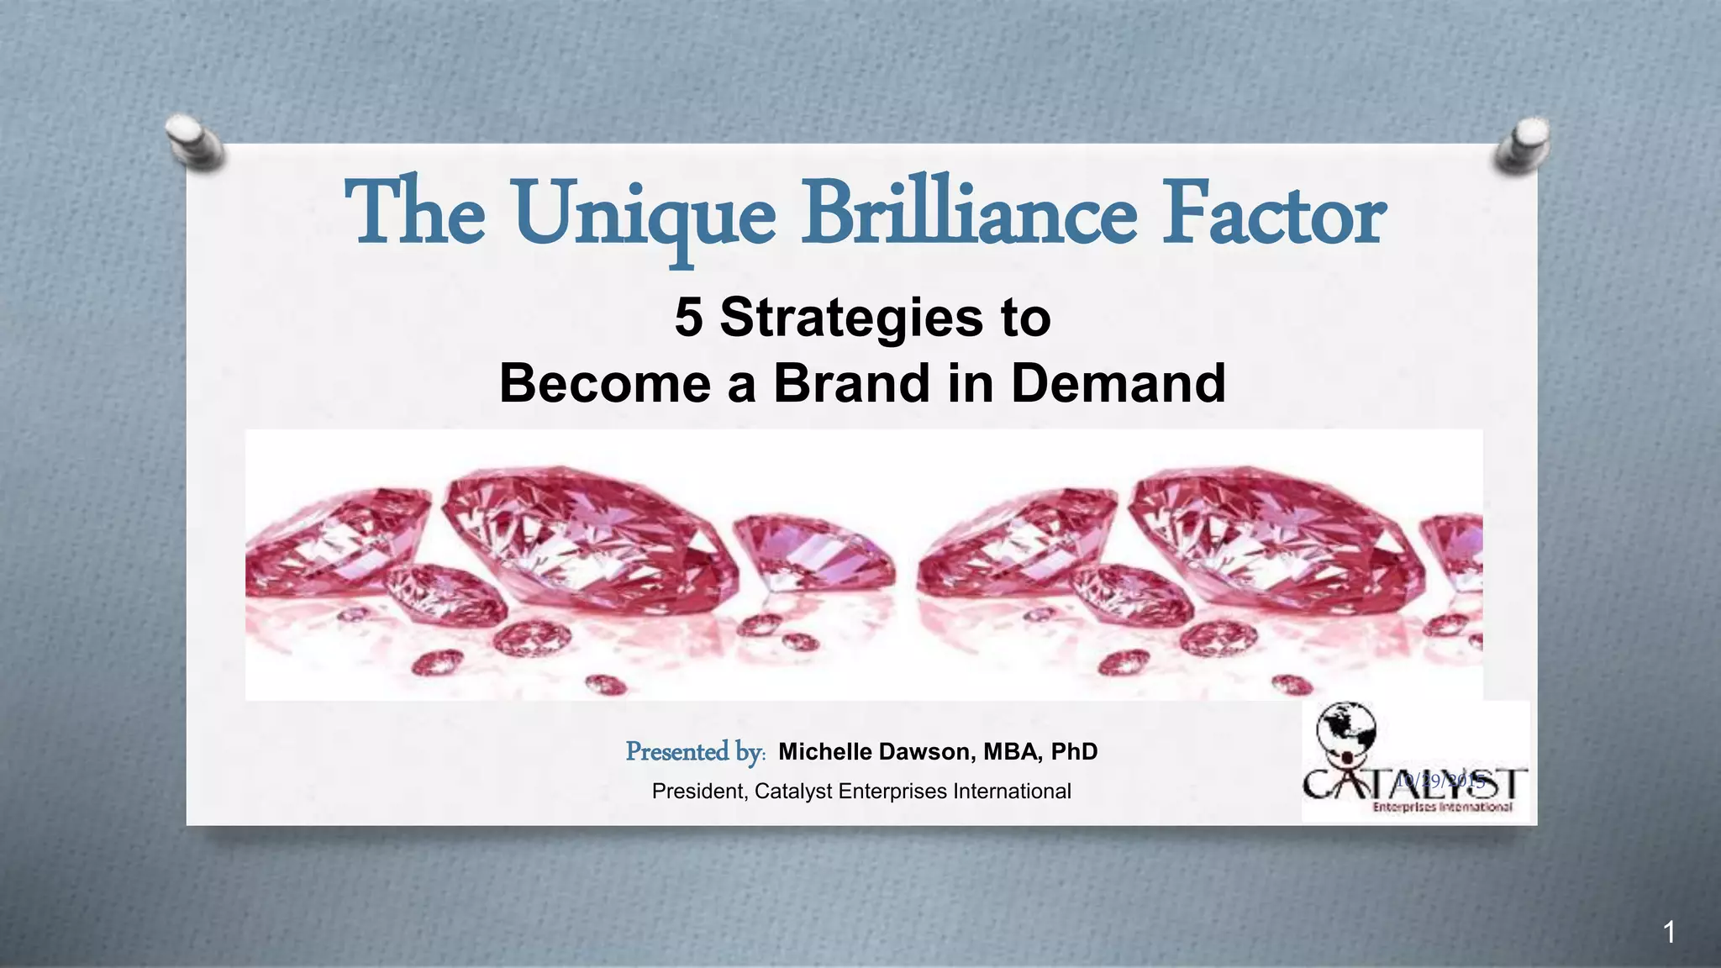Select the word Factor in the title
[1272, 213]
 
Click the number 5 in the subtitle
[688, 318]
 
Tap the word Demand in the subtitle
[1118, 383]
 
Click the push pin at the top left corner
[196, 140]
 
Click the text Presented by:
[695, 751]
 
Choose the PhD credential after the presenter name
[1074, 751]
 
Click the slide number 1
[1669, 932]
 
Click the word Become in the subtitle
[605, 383]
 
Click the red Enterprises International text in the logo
[1442, 808]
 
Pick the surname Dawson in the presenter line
[927, 751]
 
